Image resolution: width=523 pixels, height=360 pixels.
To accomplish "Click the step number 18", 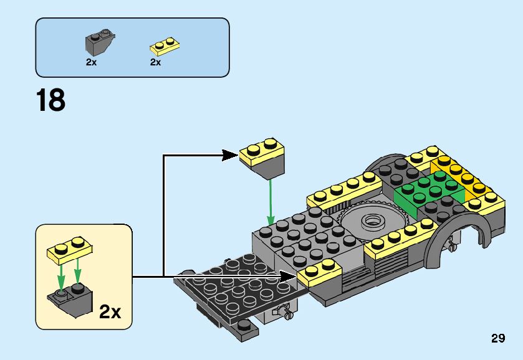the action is pos(50,100).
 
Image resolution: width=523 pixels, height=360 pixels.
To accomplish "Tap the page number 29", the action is pos(498,338).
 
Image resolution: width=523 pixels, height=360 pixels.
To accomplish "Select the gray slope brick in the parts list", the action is pos(100,42).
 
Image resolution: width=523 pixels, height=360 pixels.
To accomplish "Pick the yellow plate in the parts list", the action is pos(165,46).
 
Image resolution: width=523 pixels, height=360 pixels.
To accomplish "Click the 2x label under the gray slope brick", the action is pos(91,62).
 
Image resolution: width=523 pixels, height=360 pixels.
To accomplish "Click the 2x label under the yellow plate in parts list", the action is pos(155,62).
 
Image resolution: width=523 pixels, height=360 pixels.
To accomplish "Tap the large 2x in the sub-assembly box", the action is pos(110,312).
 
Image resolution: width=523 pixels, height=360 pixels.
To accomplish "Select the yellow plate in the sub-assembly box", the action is pos(70,250).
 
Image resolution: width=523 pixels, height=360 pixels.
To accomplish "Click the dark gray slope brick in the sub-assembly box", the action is pos(70,300).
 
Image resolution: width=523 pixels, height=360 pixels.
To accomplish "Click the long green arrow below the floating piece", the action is pos(271,202).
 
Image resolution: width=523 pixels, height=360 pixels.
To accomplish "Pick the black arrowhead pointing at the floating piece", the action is pos(230,155).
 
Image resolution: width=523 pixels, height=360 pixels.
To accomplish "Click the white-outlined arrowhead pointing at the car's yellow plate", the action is pos(289,277).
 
